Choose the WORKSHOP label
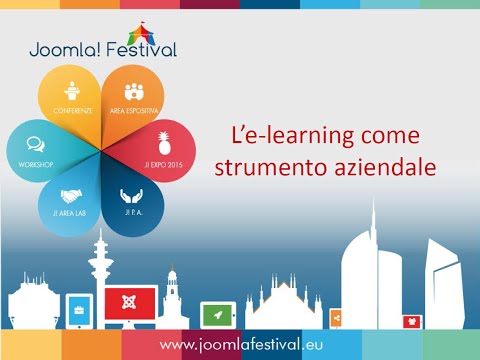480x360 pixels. pyautogui.click(x=35, y=162)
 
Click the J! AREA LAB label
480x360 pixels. pyautogui.click(x=70, y=214)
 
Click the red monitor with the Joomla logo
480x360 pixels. pyautogui.click(x=130, y=304)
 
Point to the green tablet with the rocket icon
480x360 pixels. pyautogui.click(x=217, y=315)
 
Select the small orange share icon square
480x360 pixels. pyautogui.click(x=336, y=318)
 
